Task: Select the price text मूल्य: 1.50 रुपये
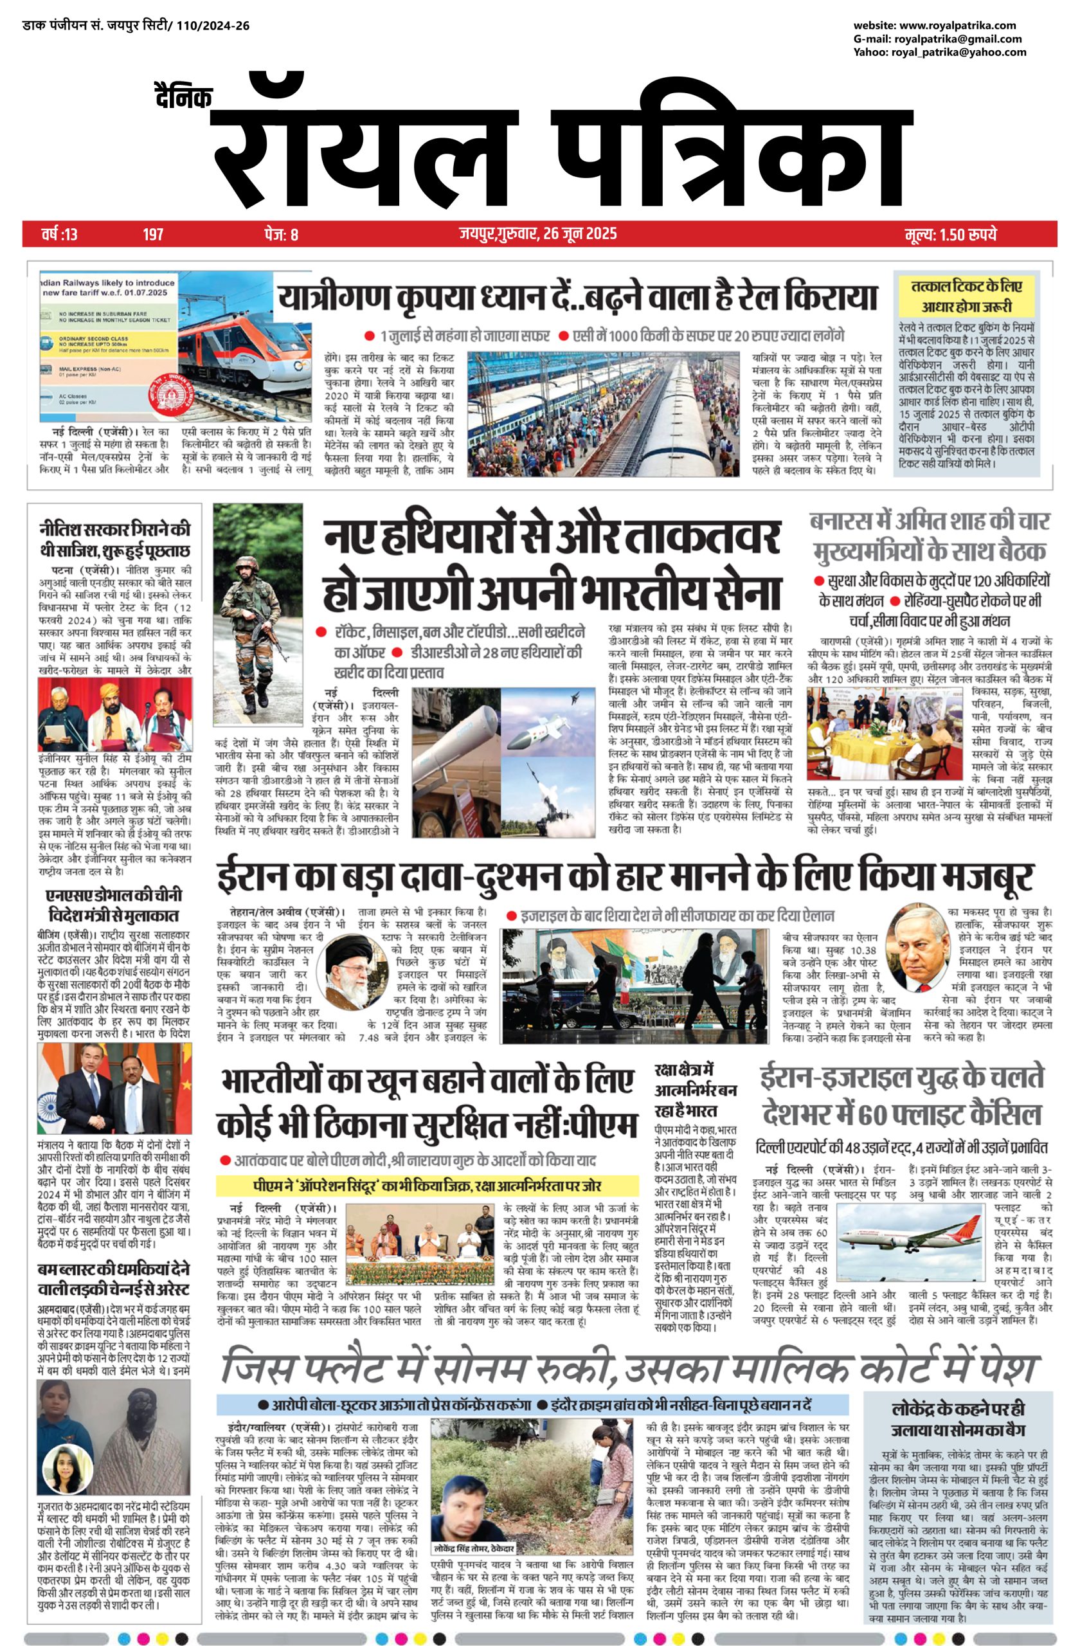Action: pyautogui.click(x=951, y=234)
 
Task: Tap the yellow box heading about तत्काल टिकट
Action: pyautogui.click(x=966, y=296)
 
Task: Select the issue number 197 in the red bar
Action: pyautogui.click(x=153, y=234)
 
